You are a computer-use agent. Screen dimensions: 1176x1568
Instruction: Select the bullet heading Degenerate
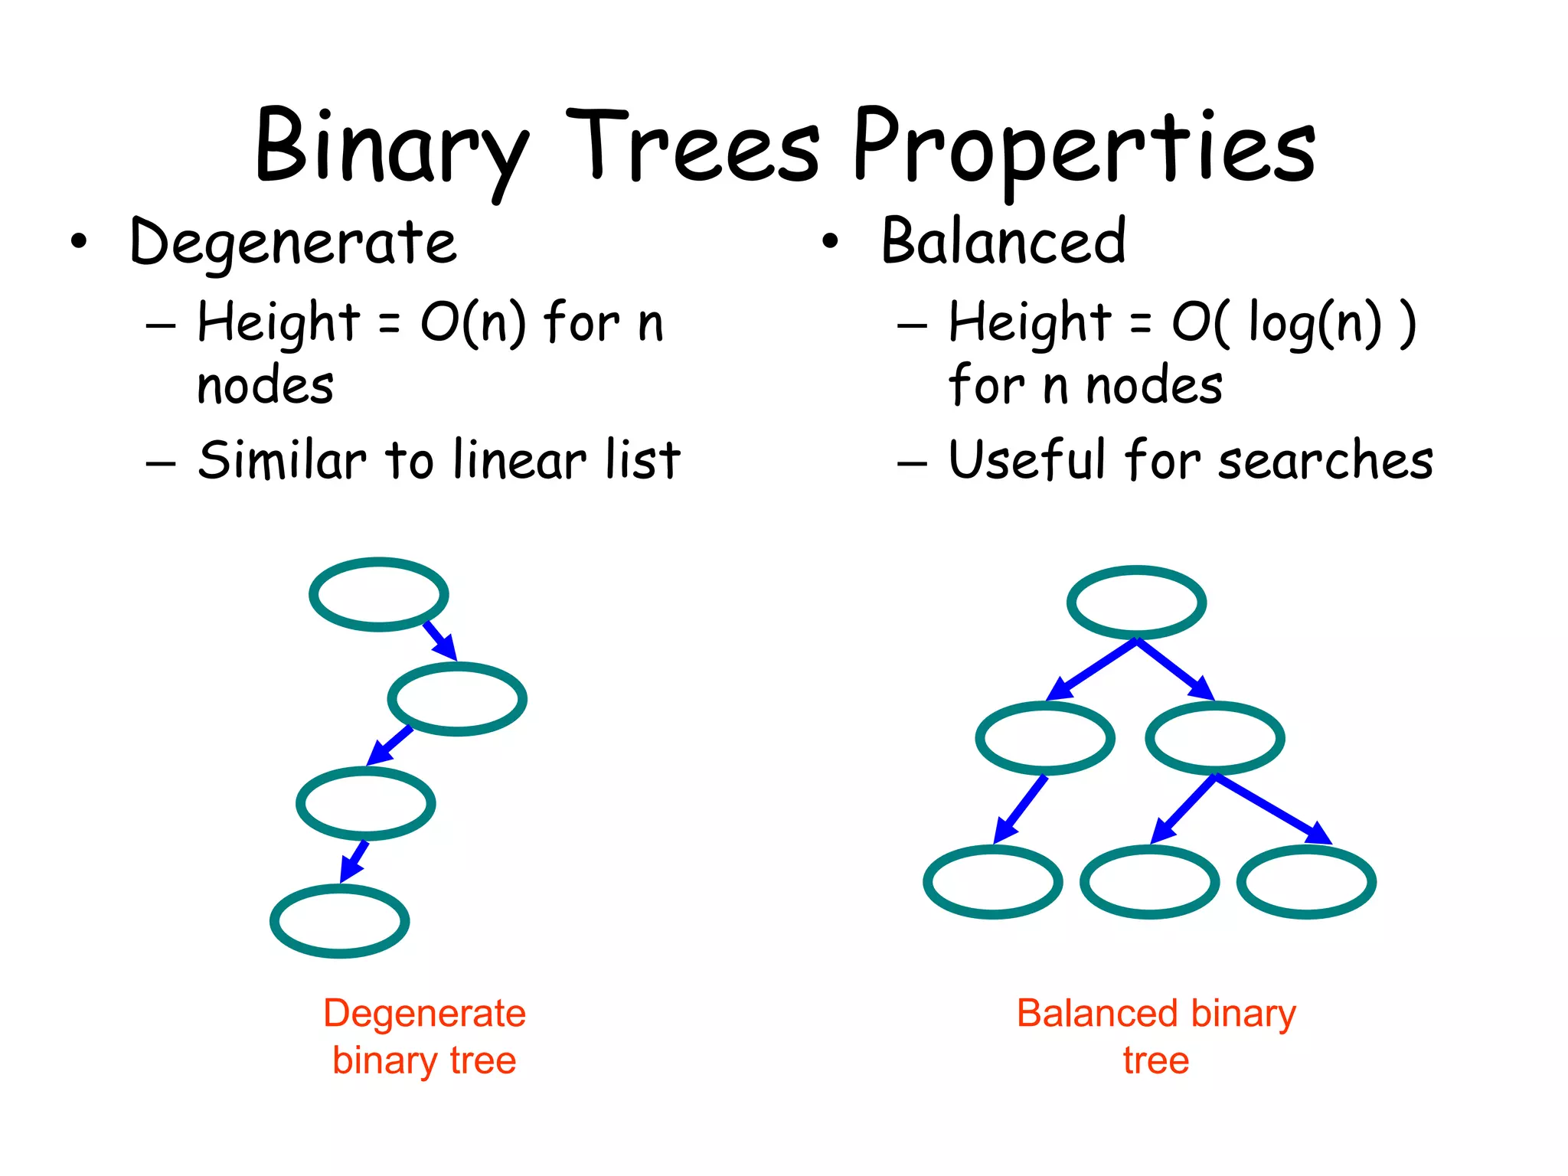(x=294, y=242)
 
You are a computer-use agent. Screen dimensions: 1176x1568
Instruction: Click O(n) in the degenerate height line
(x=473, y=322)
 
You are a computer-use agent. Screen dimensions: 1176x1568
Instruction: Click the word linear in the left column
(x=520, y=460)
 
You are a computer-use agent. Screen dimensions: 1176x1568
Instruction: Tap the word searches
(x=1325, y=460)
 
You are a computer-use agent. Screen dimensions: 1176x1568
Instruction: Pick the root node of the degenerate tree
(x=379, y=594)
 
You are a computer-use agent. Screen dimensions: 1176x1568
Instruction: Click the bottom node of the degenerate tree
(x=340, y=920)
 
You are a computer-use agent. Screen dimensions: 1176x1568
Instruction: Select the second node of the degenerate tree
(x=457, y=699)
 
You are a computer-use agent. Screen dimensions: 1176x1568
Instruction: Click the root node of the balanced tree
(x=1136, y=603)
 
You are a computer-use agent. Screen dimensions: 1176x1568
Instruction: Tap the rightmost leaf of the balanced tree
(x=1306, y=881)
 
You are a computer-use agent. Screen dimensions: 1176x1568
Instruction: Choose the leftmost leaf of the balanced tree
(x=993, y=881)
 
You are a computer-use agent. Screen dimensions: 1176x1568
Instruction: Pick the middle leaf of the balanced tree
(x=1149, y=881)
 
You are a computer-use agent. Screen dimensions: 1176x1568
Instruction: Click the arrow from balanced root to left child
(x=1090, y=670)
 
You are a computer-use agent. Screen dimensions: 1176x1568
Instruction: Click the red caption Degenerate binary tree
(x=424, y=1036)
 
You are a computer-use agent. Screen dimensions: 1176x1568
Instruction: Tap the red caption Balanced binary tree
(x=1155, y=1036)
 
